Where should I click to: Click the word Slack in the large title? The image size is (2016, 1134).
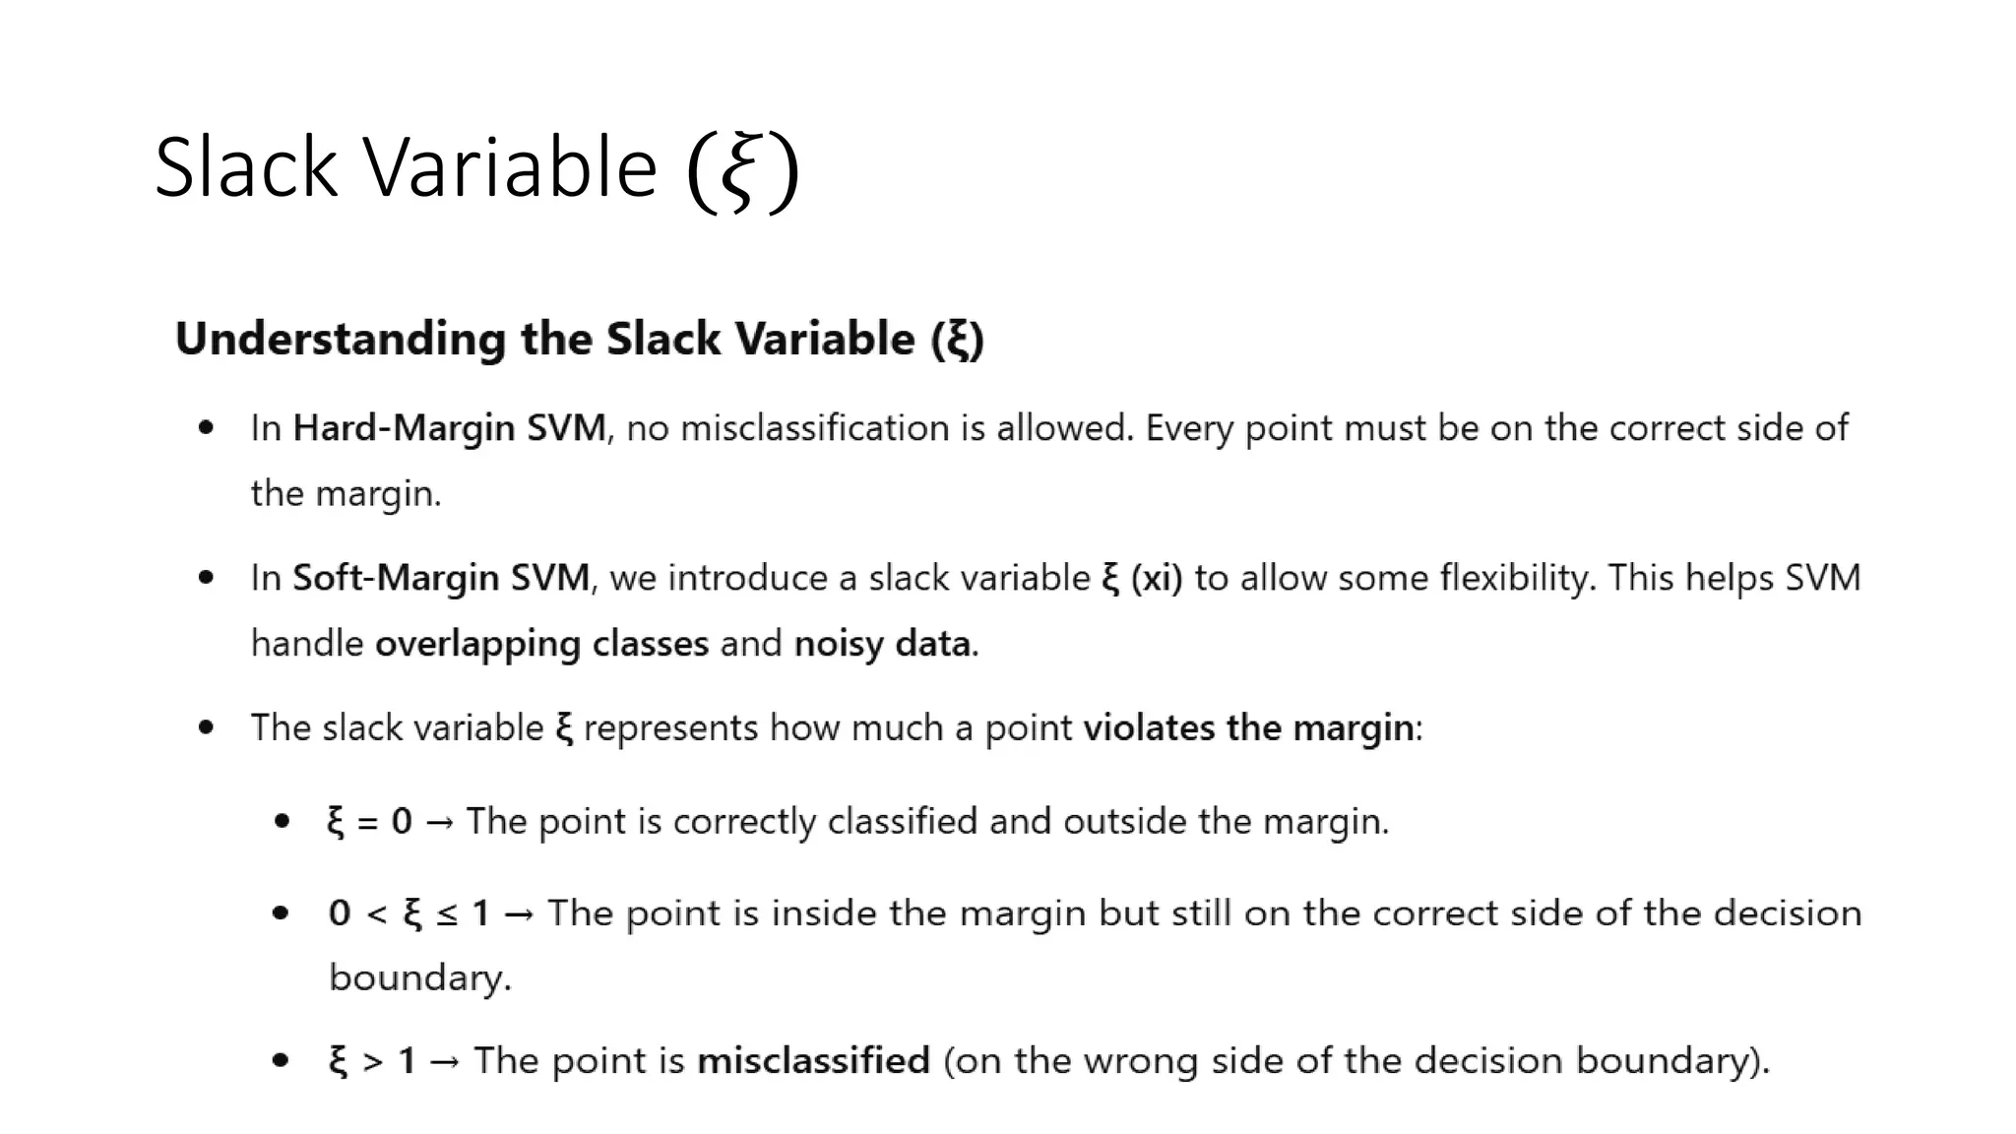tap(246, 167)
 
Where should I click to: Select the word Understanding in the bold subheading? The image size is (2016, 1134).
tap(340, 340)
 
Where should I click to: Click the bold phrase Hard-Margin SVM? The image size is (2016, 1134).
tap(449, 428)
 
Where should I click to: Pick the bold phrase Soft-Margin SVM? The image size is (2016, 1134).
tap(441, 578)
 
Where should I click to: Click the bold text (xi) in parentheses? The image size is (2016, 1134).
tap(1157, 578)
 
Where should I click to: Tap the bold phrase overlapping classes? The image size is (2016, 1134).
tap(541, 644)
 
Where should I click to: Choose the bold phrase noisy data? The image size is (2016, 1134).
tap(883, 644)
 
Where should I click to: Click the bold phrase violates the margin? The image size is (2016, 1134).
tap(1248, 728)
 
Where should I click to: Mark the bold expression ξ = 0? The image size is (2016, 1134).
tap(369, 821)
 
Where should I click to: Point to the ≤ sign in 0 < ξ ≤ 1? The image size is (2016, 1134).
tap(447, 914)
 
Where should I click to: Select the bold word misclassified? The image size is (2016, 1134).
tap(813, 1061)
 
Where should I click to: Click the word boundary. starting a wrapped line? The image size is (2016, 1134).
tap(419, 978)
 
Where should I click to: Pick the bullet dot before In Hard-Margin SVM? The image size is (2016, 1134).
tap(206, 427)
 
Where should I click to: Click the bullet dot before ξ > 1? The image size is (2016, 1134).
tap(282, 1060)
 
